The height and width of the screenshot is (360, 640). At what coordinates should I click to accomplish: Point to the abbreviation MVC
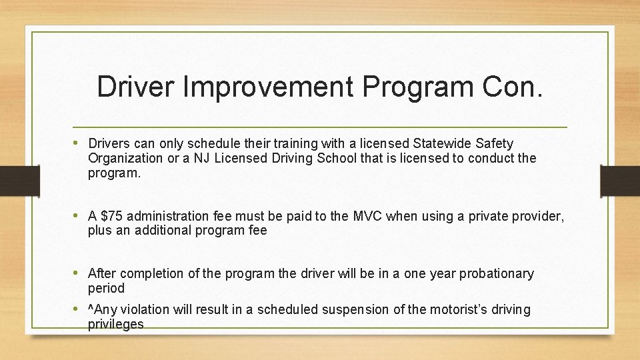click(368, 216)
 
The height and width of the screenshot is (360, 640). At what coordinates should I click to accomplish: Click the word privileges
click(115, 324)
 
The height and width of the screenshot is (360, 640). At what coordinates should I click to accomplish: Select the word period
click(106, 288)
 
